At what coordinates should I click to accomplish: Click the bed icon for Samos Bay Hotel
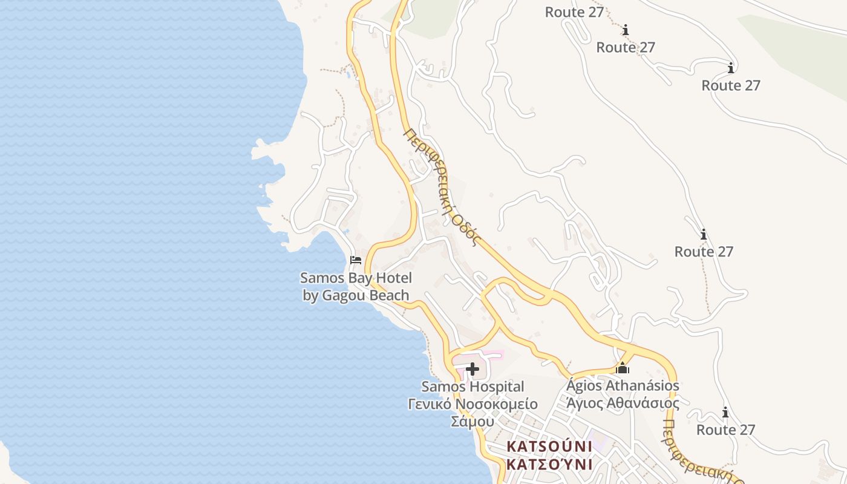pos(356,260)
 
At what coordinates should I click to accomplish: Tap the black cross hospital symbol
pos(473,369)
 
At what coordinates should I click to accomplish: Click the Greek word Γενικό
pos(430,404)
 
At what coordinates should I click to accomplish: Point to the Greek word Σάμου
pos(473,421)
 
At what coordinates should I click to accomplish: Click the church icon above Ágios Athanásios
pos(623,368)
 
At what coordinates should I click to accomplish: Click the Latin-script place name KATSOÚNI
pos(549,446)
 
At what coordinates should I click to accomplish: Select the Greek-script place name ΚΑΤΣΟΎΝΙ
pos(549,465)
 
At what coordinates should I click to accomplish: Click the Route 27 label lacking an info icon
pos(574,12)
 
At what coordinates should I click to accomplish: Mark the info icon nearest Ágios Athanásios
pos(725,413)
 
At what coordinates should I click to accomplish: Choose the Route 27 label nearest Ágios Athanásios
pos(725,430)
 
